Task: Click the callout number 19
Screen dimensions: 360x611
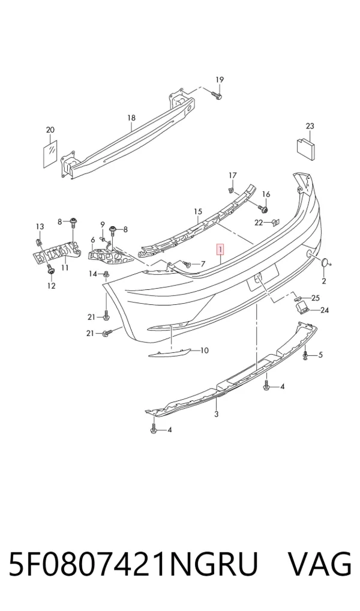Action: click(x=220, y=80)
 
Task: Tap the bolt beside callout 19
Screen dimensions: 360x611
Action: click(x=217, y=95)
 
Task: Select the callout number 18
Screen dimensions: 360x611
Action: click(x=131, y=118)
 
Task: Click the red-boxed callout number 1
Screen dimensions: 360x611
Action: click(x=221, y=248)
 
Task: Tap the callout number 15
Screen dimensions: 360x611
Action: click(x=198, y=212)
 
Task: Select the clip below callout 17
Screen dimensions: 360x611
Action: click(x=230, y=190)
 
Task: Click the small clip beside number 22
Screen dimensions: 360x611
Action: click(x=275, y=223)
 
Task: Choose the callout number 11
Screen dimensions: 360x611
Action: click(x=65, y=267)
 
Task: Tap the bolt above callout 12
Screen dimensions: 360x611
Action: click(x=50, y=268)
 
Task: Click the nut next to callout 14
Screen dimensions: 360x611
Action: click(x=106, y=275)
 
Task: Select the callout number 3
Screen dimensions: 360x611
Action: click(x=217, y=414)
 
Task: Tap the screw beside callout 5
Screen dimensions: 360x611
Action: click(x=306, y=355)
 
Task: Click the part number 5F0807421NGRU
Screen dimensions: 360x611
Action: click(x=133, y=564)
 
